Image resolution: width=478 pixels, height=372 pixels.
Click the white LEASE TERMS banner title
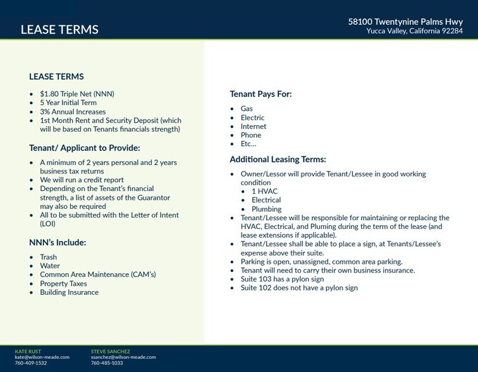click(59, 30)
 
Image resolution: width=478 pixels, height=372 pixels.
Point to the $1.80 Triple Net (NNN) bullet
click(77, 94)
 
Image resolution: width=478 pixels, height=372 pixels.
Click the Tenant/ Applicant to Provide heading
click(84, 148)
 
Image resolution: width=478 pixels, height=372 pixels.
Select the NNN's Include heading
click(58, 242)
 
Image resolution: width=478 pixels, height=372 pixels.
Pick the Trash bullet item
click(49, 257)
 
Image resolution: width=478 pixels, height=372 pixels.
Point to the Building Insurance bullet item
click(69, 293)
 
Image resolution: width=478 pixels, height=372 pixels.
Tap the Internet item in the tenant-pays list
click(254, 127)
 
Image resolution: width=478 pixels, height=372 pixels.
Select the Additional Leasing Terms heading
click(278, 159)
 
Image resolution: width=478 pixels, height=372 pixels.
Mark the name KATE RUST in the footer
click(27, 350)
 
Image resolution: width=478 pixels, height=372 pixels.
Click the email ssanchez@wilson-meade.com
click(123, 357)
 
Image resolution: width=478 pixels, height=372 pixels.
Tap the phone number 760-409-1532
click(30, 363)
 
